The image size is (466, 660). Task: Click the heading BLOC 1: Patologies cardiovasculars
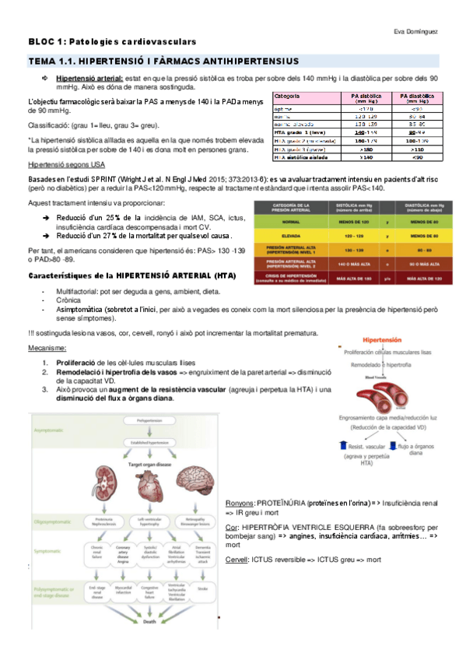tap(112, 41)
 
